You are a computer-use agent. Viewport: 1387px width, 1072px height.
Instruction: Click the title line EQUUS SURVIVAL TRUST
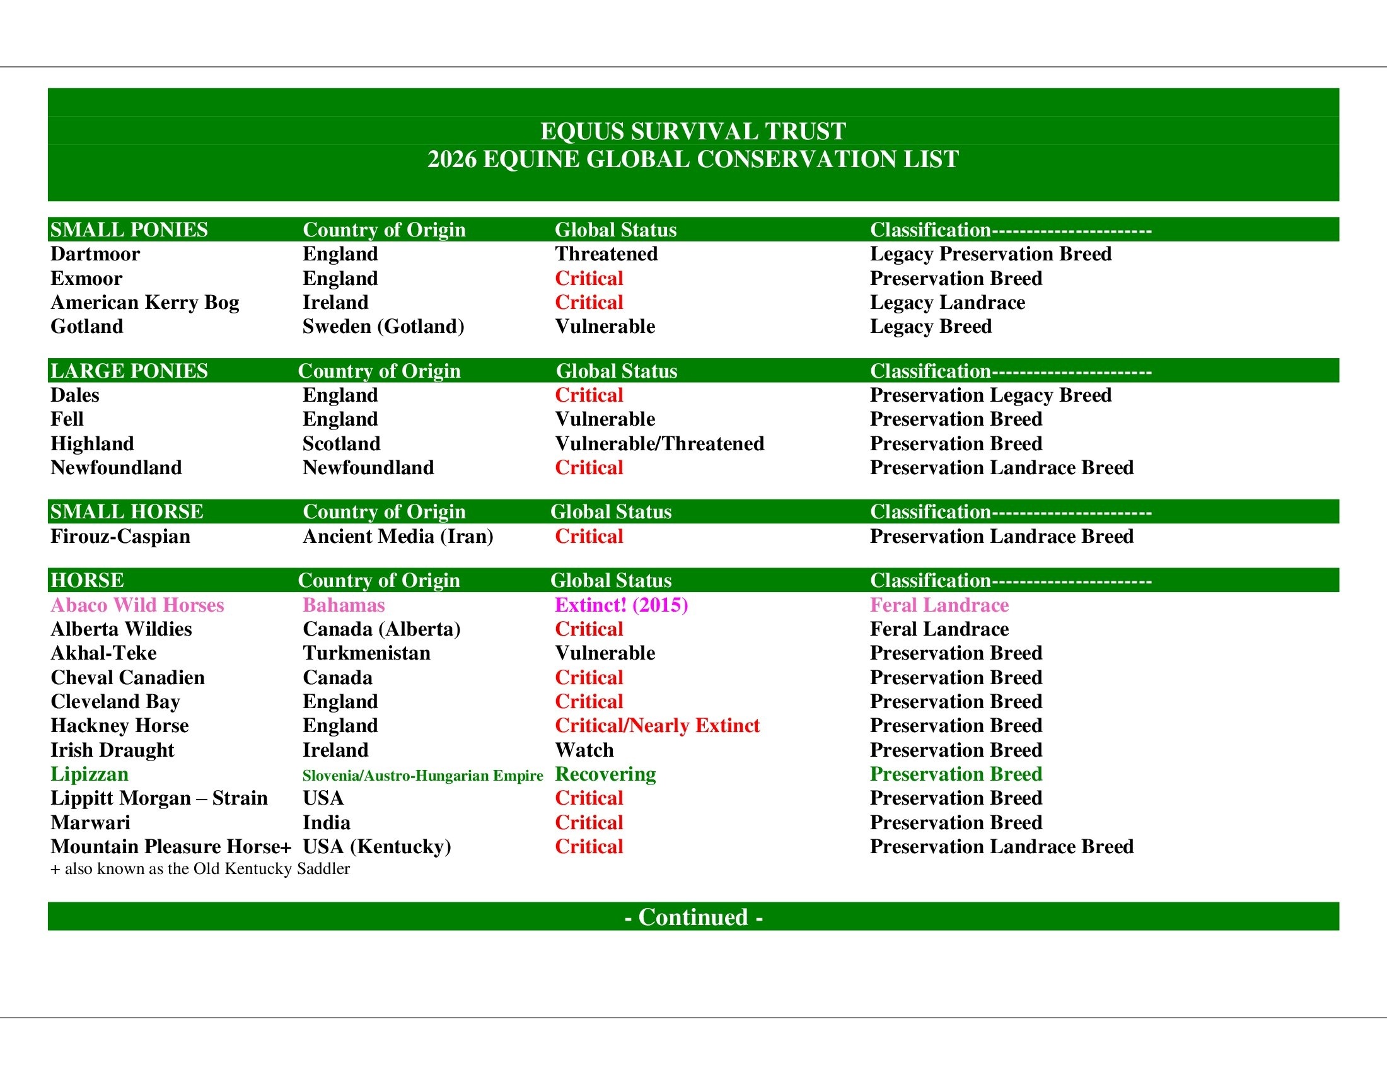[x=693, y=131]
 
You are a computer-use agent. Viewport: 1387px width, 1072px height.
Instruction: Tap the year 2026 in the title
[x=451, y=160]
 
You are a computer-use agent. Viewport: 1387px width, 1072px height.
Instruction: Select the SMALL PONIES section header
[x=129, y=230]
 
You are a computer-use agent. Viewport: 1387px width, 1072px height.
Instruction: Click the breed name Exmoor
[x=86, y=278]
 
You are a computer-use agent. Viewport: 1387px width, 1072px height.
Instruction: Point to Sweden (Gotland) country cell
[x=383, y=327]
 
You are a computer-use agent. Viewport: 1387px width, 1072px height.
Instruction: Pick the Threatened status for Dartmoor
[x=606, y=254]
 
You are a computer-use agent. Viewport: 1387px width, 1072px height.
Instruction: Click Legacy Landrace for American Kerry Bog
[x=947, y=302]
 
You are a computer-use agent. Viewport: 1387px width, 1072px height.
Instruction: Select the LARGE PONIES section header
[x=129, y=371]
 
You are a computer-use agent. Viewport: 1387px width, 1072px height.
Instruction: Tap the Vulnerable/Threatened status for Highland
[x=659, y=443]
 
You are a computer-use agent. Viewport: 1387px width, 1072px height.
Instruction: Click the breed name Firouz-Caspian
[x=120, y=537]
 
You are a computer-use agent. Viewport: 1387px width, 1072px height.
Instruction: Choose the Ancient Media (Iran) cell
[x=398, y=537]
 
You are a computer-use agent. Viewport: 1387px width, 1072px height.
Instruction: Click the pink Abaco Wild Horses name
[x=137, y=605]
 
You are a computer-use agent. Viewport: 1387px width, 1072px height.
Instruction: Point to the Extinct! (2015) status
[x=621, y=605]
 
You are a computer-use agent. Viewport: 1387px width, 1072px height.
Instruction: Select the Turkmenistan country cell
[x=366, y=653]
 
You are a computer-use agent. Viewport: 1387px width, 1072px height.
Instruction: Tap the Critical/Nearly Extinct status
[x=657, y=726]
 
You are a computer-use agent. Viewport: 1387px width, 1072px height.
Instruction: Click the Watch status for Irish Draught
[x=584, y=750]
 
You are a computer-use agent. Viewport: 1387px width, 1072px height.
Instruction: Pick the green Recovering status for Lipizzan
[x=605, y=774]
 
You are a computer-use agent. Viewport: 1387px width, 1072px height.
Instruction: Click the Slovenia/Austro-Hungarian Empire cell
[x=422, y=776]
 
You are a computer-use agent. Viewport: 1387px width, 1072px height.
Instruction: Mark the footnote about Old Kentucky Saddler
[x=200, y=869]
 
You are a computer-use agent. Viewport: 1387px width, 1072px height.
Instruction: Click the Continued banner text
[x=693, y=917]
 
